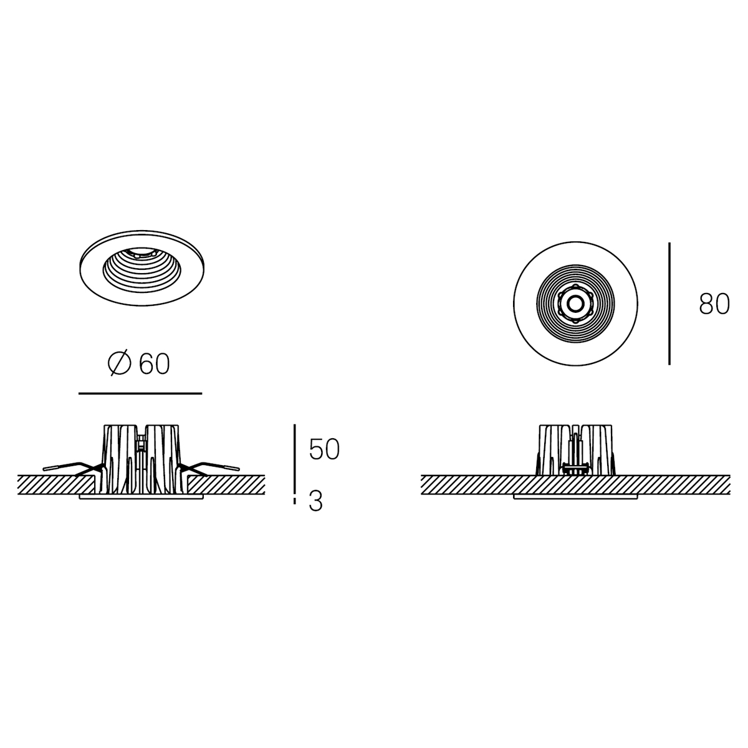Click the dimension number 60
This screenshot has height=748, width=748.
tap(154, 364)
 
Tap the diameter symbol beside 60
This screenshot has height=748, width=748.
tap(119, 363)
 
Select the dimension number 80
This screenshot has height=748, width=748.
tap(714, 304)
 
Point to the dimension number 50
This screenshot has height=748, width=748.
tap(324, 449)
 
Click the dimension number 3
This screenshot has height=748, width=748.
tap(315, 502)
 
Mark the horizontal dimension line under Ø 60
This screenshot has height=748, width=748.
tap(140, 393)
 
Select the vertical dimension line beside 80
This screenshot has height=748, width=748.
tap(669, 304)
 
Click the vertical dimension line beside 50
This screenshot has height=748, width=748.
tap(295, 458)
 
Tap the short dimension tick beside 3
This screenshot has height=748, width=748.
tap(295, 501)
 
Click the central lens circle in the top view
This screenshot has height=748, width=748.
tap(575, 304)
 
